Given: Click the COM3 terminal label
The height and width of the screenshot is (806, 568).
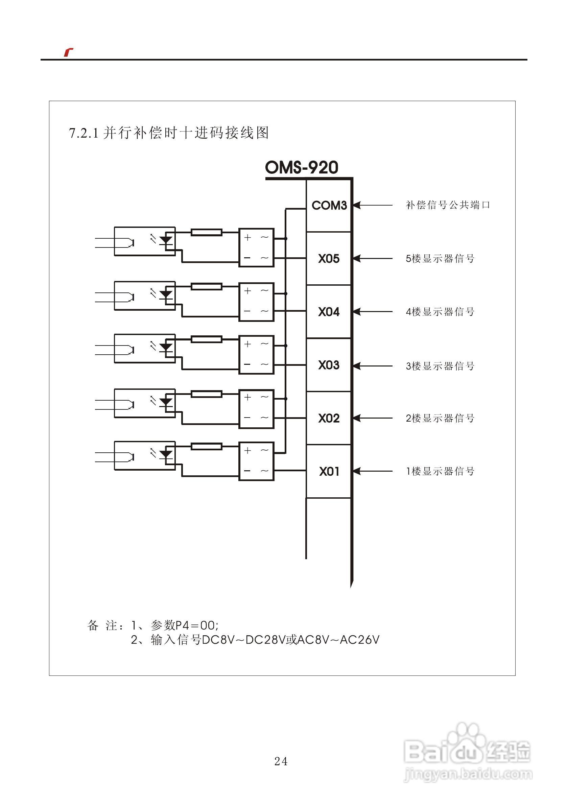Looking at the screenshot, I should [329, 205].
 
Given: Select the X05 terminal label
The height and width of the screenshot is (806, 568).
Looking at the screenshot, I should [329, 259].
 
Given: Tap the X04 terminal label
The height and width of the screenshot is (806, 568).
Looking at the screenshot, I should [329, 312].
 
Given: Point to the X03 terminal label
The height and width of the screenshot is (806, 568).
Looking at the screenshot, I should [329, 365].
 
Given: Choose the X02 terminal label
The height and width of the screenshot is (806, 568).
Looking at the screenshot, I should [329, 418].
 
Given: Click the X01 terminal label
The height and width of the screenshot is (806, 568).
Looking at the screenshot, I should [329, 471].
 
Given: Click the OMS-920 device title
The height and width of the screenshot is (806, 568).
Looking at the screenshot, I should [302, 167].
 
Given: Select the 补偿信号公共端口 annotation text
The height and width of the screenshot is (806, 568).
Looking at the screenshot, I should [448, 205].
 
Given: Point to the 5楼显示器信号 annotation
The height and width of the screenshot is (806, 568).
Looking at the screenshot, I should [440, 259].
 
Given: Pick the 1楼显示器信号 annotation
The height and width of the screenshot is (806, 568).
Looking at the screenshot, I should [440, 471].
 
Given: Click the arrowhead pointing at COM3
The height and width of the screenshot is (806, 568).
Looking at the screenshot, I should [357, 205].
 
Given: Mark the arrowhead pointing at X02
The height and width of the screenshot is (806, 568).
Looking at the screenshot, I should [357, 418].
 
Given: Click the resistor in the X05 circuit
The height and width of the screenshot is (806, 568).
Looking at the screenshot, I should [207, 232].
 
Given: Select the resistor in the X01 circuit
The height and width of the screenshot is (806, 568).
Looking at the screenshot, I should [207, 447].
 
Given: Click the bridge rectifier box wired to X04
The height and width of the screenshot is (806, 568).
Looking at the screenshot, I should [256, 302].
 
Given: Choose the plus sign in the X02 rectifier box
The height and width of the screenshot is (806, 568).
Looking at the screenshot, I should [248, 397].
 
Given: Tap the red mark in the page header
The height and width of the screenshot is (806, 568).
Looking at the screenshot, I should [68, 52].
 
